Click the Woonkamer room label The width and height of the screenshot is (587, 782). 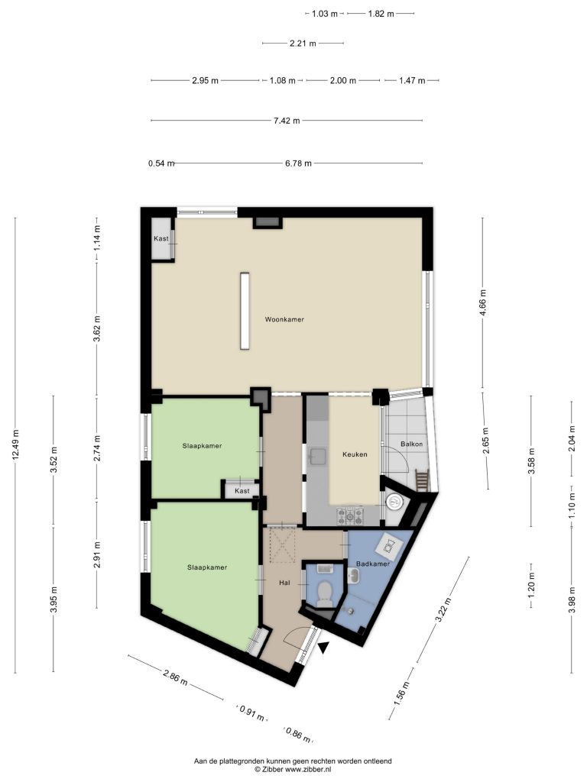[x=284, y=319]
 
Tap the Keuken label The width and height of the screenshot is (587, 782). [x=355, y=454]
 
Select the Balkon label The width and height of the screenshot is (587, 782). [x=411, y=444]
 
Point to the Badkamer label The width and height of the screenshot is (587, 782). [x=372, y=564]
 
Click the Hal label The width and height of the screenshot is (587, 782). [x=284, y=583]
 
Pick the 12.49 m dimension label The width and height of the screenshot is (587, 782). [x=15, y=444]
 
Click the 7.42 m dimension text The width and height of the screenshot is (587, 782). [x=287, y=120]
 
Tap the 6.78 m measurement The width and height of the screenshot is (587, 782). [x=298, y=163]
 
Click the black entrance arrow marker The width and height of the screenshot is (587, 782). [x=324, y=648]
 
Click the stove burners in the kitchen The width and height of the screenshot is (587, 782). [x=351, y=516]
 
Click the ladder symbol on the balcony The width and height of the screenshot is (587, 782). [x=421, y=480]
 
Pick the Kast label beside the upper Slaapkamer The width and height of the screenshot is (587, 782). [x=242, y=491]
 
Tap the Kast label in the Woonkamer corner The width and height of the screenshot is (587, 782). [x=161, y=238]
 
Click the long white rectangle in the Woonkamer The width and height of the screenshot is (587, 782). [x=245, y=311]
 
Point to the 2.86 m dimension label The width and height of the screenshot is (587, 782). [x=175, y=677]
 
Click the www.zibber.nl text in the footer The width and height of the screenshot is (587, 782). [x=310, y=770]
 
